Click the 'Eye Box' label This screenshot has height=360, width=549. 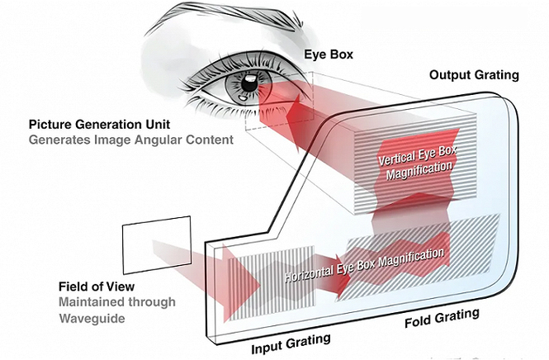pyautogui.click(x=329, y=54)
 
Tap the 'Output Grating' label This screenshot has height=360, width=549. pyautogui.click(x=474, y=75)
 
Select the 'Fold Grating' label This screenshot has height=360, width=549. pyautogui.click(x=442, y=318)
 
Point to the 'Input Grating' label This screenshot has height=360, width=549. pyautogui.click(x=291, y=343)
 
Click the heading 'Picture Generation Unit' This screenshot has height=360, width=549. pyautogui.click(x=99, y=125)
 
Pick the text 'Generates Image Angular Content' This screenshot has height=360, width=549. pyautogui.click(x=131, y=140)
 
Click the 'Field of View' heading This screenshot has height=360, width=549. pyautogui.click(x=97, y=287)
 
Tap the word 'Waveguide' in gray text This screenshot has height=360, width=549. pyautogui.click(x=92, y=319)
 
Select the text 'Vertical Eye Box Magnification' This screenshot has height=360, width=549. pyautogui.click(x=419, y=163)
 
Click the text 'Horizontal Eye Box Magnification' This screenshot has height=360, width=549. pyautogui.click(x=364, y=264)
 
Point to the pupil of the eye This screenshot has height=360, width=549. pyautogui.click(x=249, y=84)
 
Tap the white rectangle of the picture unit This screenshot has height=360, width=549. pyautogui.click(x=157, y=244)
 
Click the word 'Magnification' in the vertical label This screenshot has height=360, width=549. pyautogui.click(x=419, y=171)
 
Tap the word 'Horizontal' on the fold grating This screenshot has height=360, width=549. pyautogui.click(x=308, y=272)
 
